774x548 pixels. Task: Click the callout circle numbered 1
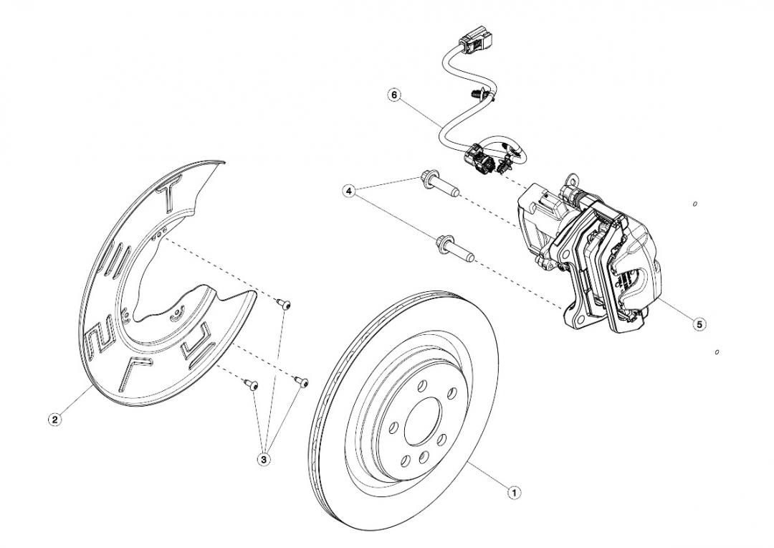pyautogui.click(x=513, y=493)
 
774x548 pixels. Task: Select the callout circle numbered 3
pyautogui.click(x=264, y=458)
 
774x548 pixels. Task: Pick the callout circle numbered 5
pyautogui.click(x=699, y=324)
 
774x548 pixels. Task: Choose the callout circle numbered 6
pyautogui.click(x=393, y=94)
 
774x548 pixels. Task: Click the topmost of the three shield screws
pyautogui.click(x=285, y=306)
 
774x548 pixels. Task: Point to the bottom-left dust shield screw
pyautogui.click(x=252, y=385)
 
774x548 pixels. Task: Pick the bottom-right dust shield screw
pyautogui.click(x=301, y=382)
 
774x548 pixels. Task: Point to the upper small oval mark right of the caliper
pyautogui.click(x=695, y=204)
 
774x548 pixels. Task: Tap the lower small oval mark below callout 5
pyautogui.click(x=717, y=352)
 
